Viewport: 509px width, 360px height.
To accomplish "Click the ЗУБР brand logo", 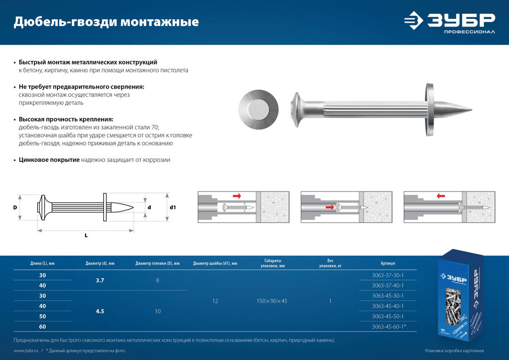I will (x=449, y=22).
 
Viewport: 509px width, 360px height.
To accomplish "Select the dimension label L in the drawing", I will (x=86, y=235).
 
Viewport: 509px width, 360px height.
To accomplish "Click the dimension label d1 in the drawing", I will (x=173, y=208).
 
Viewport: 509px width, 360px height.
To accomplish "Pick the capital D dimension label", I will (x=15, y=208).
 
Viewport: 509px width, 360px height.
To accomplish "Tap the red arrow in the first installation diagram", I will (x=237, y=196).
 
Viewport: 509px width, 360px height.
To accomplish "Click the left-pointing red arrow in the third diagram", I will (x=441, y=196).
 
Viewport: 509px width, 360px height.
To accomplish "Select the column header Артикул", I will (x=387, y=263).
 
